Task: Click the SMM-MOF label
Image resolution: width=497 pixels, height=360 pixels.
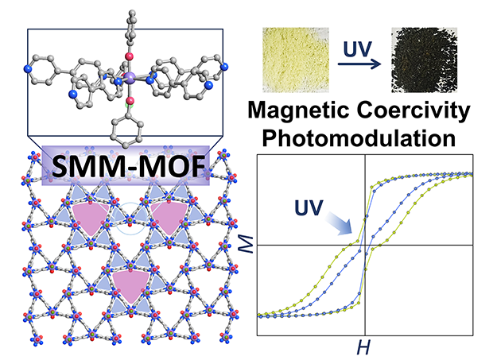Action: click(x=128, y=166)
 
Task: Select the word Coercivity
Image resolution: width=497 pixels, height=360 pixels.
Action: click(x=414, y=111)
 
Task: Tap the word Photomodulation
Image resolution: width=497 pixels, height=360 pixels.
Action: click(x=359, y=138)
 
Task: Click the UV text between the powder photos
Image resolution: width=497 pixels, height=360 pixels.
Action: click(x=358, y=49)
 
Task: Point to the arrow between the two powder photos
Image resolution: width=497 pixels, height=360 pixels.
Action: click(x=359, y=64)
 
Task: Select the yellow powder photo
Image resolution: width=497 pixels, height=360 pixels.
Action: click(x=296, y=60)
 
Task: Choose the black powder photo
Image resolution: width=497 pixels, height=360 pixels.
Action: click(x=424, y=60)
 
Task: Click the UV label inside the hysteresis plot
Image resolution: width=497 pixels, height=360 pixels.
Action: click(x=309, y=207)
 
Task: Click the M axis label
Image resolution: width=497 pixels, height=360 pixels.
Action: click(x=246, y=244)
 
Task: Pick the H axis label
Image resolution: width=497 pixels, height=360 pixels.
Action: click(x=363, y=347)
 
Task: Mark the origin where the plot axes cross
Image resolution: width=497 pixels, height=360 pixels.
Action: click(x=365, y=245)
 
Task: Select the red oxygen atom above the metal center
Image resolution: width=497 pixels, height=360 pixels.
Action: click(x=129, y=56)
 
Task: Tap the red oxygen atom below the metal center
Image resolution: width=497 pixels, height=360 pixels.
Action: click(x=130, y=102)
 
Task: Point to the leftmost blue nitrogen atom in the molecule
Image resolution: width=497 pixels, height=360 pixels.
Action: click(x=28, y=68)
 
